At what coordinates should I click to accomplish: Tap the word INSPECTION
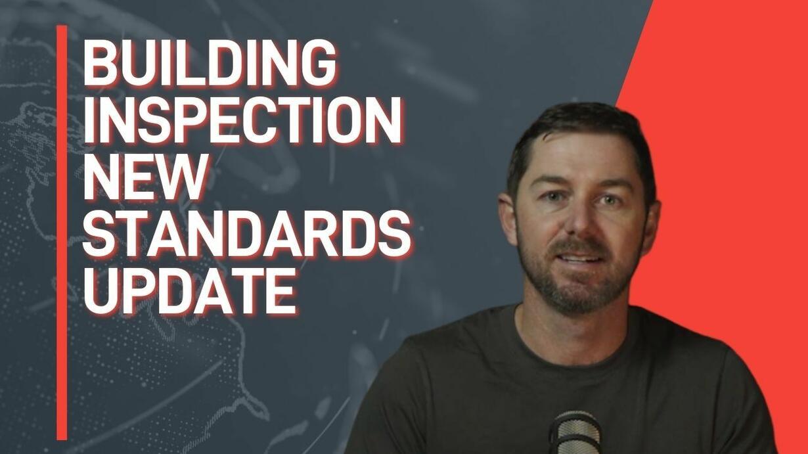pyautogui.click(x=243, y=120)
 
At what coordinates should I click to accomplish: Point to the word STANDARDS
pyautogui.click(x=247, y=233)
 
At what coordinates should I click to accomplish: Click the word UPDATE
pyautogui.click(x=190, y=290)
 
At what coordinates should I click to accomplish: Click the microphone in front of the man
pyautogui.click(x=575, y=432)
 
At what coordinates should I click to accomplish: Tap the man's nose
pyautogui.click(x=578, y=221)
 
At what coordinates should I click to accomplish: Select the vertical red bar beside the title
pyautogui.click(x=62, y=233)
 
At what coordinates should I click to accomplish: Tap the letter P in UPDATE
pyautogui.click(x=140, y=290)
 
